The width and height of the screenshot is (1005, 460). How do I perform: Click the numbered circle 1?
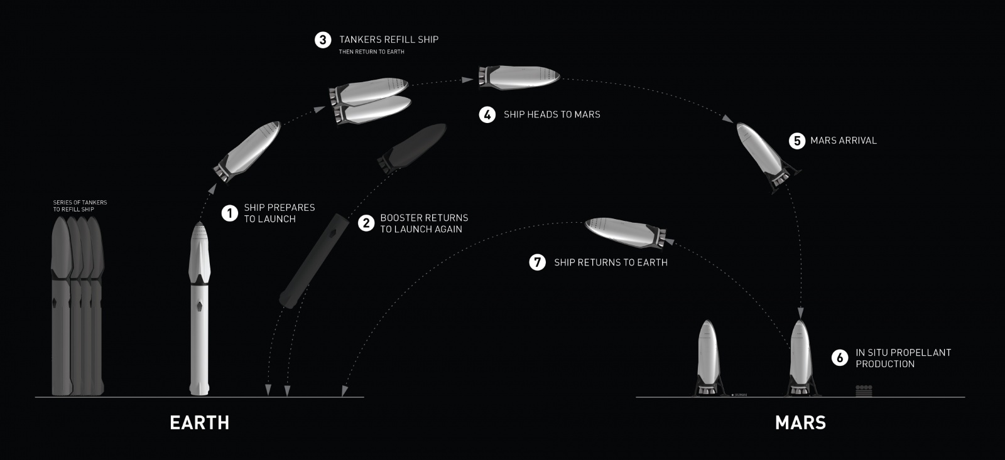pos(230,213)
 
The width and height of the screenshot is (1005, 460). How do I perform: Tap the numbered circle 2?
pos(366,223)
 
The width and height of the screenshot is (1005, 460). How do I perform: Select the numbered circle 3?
pos(323,40)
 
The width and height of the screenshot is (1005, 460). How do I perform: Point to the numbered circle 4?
pos(487,115)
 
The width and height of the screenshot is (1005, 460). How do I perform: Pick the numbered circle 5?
pos(797,141)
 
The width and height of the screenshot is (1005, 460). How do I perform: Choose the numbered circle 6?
pos(840,358)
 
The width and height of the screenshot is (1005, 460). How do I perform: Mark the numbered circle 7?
pos(538,262)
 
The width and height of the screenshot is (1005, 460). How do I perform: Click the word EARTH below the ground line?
pos(200,423)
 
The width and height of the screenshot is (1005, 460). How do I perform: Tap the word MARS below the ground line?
pos(800,423)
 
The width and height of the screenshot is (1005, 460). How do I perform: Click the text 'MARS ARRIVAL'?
pos(843,141)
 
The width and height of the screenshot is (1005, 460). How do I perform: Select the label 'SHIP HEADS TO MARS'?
pos(551,115)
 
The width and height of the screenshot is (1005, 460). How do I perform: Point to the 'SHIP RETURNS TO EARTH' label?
pos(611,262)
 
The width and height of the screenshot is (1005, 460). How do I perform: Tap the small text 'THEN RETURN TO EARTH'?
pos(371,52)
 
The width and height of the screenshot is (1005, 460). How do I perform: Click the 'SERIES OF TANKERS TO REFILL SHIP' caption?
pos(80,206)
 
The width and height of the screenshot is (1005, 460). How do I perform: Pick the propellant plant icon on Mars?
pos(864,391)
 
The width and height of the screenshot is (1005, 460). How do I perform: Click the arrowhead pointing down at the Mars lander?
pos(800,313)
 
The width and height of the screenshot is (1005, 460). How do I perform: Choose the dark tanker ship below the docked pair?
pos(411,146)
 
